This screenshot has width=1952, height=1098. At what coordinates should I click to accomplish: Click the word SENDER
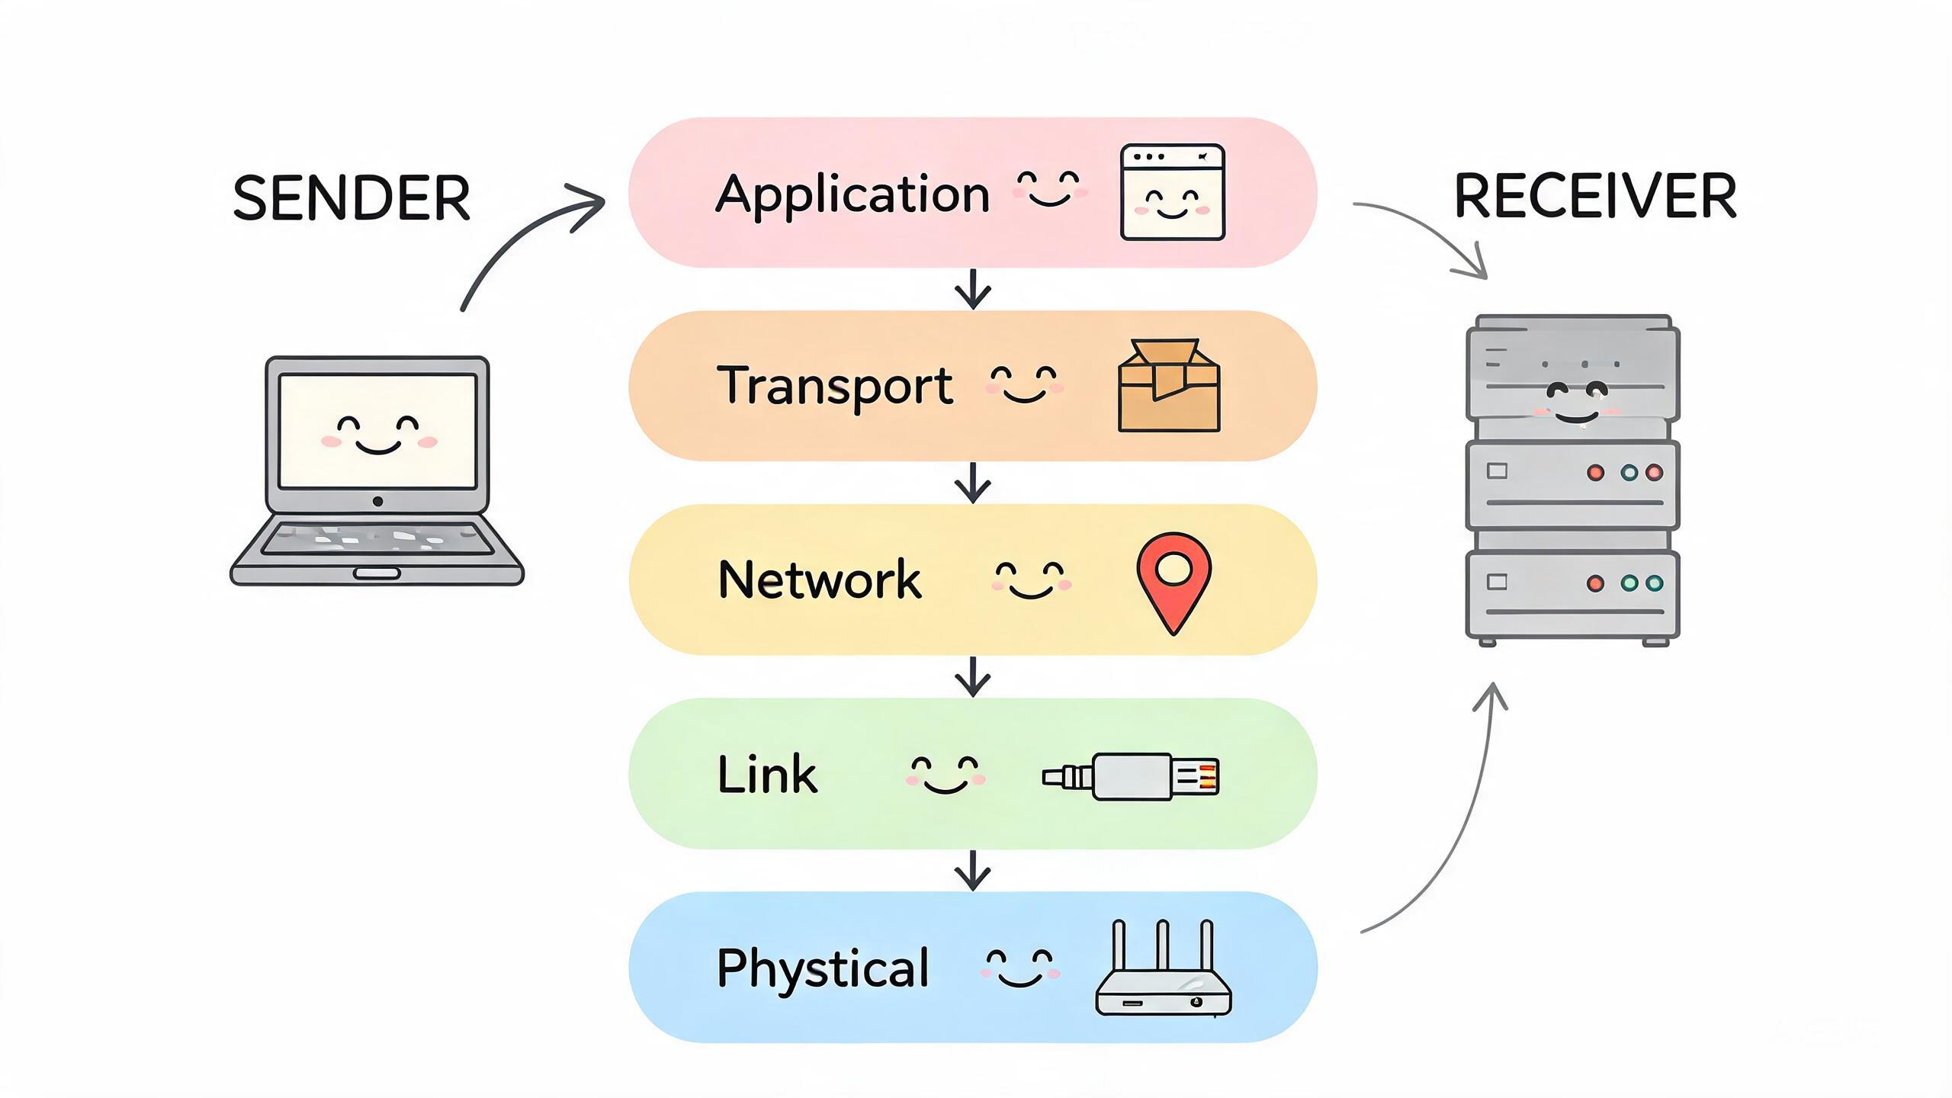point(351,198)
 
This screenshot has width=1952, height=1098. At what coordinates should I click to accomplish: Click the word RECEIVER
point(1595,197)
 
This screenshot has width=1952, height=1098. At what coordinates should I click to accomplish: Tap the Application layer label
point(852,195)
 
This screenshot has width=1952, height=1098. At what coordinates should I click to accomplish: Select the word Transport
point(835,387)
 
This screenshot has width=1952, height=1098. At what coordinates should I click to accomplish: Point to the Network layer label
point(820,579)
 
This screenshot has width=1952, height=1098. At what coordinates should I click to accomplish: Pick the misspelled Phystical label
point(823,969)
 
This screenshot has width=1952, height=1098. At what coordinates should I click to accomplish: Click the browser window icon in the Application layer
point(1173,192)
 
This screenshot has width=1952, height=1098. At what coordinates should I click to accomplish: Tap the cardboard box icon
point(1169,386)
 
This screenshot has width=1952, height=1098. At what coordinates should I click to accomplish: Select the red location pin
point(1173,583)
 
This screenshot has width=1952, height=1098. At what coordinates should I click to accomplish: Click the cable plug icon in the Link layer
point(1131,777)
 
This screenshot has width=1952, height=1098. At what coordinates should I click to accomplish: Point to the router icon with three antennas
point(1163,968)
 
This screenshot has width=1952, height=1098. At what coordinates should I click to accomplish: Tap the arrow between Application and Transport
point(973,289)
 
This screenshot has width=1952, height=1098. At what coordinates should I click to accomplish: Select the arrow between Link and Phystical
point(973,870)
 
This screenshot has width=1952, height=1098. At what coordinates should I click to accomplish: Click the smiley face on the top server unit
point(1575,404)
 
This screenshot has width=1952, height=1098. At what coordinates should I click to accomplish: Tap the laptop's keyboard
point(377,538)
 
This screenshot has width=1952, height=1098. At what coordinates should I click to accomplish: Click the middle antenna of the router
point(1163,945)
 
